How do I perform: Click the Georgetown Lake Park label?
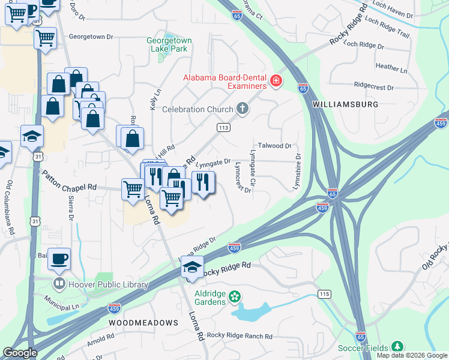(169, 45)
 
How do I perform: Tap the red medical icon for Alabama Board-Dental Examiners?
(276, 80)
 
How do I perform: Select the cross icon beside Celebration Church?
(243, 109)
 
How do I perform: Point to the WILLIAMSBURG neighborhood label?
(354, 104)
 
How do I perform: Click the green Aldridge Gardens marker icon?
(235, 296)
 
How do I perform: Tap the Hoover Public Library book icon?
(59, 283)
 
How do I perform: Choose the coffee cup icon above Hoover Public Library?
(59, 259)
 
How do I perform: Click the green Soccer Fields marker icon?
(397, 346)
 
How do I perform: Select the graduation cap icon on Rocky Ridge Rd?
(192, 267)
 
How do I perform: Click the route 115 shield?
(325, 294)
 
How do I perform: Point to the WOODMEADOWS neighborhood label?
(143, 323)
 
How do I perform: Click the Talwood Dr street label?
(274, 146)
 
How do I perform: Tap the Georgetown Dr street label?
(91, 37)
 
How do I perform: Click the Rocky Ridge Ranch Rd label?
(240, 336)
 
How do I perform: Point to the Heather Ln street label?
(391, 66)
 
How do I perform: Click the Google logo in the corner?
(20, 353)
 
